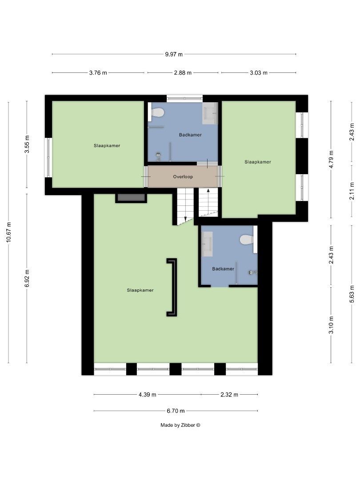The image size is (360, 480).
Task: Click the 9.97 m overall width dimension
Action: [174, 54]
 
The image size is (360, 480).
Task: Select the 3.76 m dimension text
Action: [98, 72]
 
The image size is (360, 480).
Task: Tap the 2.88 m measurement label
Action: [183, 72]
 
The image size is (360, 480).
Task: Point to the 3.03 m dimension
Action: [258, 72]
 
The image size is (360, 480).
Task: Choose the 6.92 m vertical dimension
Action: [27, 278]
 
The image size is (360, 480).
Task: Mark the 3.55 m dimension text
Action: [27, 144]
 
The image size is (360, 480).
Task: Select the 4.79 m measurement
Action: [331, 159]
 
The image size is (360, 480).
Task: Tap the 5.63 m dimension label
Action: [352, 294]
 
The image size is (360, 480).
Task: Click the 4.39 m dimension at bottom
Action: [148, 394]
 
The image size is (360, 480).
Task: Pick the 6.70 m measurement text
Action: [176, 411]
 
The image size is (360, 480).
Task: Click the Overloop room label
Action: [183, 176]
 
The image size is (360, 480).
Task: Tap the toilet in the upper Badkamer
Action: [157, 112]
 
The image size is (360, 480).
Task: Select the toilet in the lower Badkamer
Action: [247, 240]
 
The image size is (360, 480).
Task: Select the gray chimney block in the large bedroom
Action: [131, 198]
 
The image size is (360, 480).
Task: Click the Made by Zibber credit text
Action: [180, 425]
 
